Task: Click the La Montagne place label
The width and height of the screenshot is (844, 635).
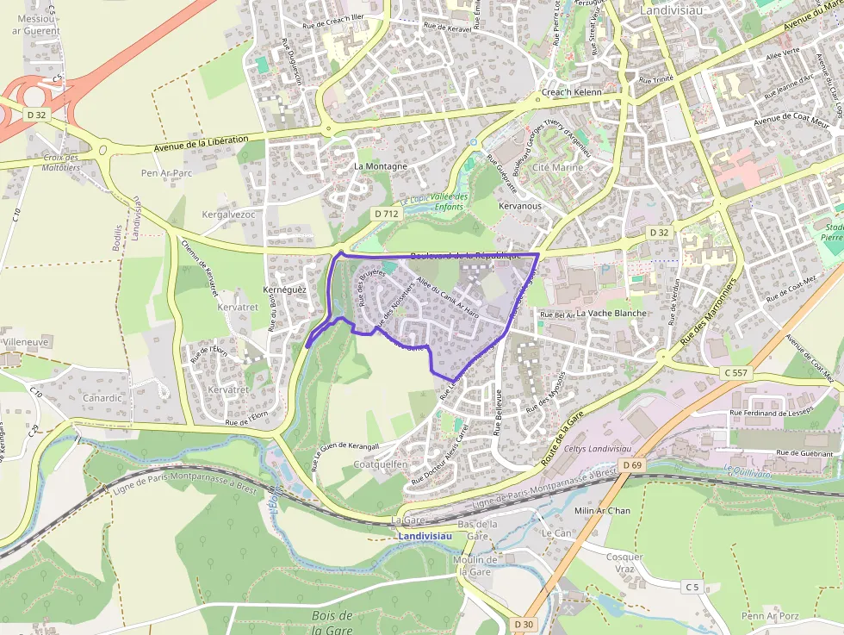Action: (380, 165)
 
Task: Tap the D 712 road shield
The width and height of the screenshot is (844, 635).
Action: (386, 213)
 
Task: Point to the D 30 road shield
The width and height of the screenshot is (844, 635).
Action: (523, 624)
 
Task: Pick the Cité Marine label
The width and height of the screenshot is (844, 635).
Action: (558, 167)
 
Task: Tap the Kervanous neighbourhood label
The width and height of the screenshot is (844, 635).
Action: (520, 207)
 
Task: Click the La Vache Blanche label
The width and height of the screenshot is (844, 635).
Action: (611, 314)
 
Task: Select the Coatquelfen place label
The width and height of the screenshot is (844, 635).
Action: (381, 464)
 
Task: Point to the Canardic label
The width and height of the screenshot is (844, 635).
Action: (102, 398)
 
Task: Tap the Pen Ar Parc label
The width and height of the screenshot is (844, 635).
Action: (166, 172)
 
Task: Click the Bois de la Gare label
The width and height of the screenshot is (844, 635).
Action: (332, 622)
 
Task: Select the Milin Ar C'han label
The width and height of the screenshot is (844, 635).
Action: (602, 511)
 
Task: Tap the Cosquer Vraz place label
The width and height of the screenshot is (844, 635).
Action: (624, 563)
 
